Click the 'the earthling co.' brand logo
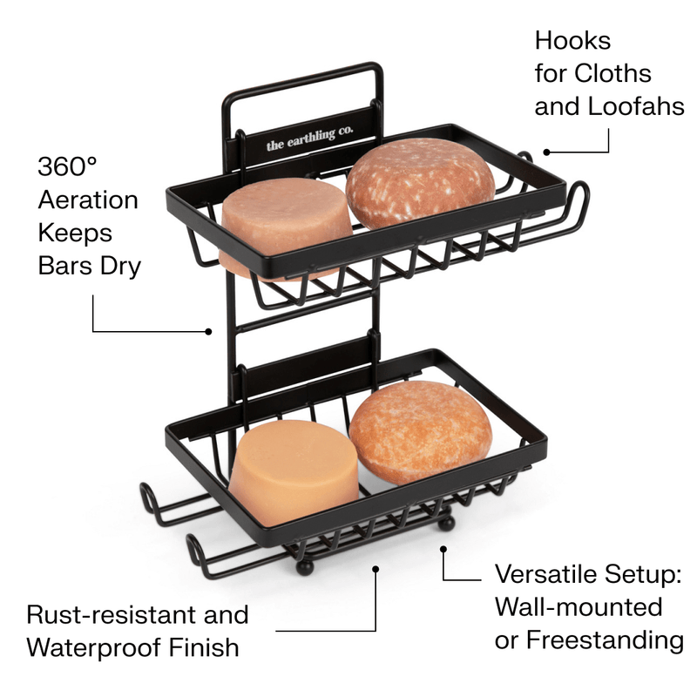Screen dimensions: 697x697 [x=310, y=139]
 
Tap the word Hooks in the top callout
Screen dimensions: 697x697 [x=572, y=41]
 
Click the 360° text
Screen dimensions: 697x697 [x=67, y=166]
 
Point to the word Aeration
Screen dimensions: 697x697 [x=88, y=200]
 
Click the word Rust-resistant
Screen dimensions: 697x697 [x=112, y=615]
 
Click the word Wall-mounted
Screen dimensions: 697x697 [x=579, y=607]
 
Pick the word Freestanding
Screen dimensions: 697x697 [x=605, y=640]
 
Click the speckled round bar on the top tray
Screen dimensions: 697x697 [x=420, y=183]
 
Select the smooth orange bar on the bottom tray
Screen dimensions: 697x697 [x=294, y=472]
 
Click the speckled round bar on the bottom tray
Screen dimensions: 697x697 [x=420, y=432]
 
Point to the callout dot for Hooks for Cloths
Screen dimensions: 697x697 [x=547, y=152]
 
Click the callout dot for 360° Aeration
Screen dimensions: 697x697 [x=208, y=332]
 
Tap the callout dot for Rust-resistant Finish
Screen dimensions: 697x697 [x=376, y=569]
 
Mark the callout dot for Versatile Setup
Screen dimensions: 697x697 [x=443, y=550]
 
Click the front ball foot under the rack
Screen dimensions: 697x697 [x=304, y=568]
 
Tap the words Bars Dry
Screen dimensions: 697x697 [x=90, y=267]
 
